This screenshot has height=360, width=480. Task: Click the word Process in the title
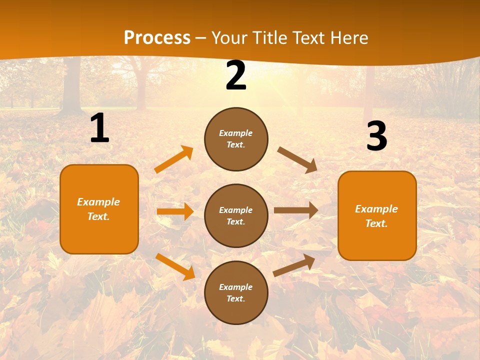[157, 38]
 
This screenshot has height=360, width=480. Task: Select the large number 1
[99, 128]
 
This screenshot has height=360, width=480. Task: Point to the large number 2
[236, 76]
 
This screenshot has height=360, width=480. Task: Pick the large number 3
[376, 136]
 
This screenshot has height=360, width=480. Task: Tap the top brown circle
[236, 139]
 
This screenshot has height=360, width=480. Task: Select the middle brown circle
[236, 215]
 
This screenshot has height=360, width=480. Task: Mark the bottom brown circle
[236, 292]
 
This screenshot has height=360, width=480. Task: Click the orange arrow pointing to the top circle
[174, 159]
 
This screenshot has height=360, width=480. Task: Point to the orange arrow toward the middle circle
[175, 211]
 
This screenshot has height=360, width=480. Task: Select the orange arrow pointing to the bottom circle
[175, 266]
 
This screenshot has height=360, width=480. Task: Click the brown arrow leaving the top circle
[297, 159]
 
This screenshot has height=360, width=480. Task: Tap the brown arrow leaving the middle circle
[296, 210]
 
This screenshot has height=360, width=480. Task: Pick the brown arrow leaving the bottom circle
[294, 265]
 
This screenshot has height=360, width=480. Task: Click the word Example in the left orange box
[98, 202]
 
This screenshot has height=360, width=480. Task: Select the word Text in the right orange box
[376, 223]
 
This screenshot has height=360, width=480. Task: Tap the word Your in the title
[229, 38]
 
